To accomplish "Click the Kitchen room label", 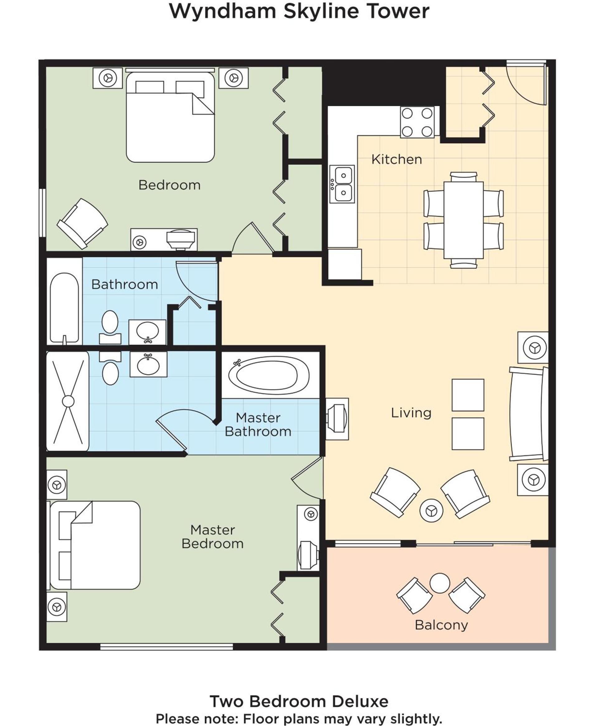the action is click(396, 159).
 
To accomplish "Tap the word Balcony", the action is click(441, 625).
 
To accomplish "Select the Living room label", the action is click(411, 413).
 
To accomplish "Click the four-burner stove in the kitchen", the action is click(417, 122).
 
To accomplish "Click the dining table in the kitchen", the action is click(464, 220).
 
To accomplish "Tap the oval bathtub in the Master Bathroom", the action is click(269, 375).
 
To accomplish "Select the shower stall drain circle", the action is click(68, 401).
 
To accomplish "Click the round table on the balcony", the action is click(440, 583).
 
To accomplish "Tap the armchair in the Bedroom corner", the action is click(82, 224).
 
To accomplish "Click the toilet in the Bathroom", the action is click(110, 326).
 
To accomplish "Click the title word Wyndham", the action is click(223, 12).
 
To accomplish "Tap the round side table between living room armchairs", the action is click(431, 510).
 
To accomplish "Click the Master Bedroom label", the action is click(212, 537).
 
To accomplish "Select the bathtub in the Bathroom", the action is click(64, 307).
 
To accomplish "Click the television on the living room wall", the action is click(337, 419).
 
